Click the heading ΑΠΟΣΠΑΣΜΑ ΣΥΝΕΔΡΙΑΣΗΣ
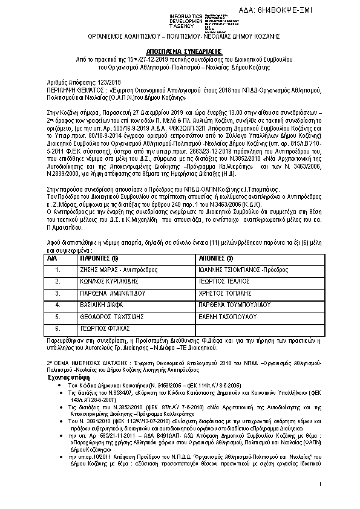click(179, 53)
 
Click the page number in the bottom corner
click(319, 485)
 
